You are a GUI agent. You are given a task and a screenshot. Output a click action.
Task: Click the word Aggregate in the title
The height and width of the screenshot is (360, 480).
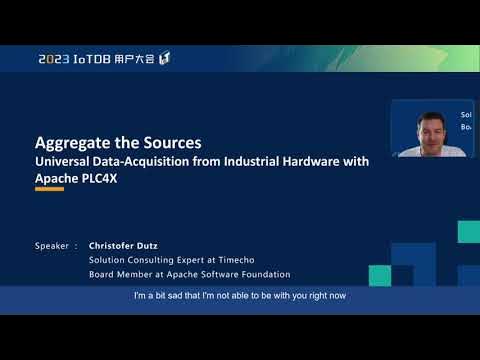tap(71, 142)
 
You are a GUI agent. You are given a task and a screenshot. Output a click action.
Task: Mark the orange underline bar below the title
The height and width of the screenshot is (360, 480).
tap(49, 190)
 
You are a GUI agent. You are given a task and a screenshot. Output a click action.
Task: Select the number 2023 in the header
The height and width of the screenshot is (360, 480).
tap(54, 59)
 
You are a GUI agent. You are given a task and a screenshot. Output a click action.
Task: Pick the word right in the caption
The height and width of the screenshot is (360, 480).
tap(313, 297)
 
